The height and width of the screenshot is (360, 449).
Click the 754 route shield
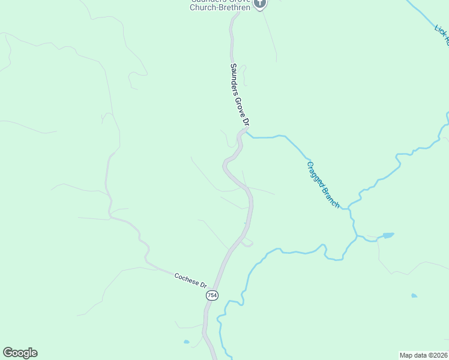click(x=212, y=296)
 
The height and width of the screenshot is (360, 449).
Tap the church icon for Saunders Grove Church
click(x=260, y=4)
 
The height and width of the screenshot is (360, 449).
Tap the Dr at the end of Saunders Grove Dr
click(x=245, y=122)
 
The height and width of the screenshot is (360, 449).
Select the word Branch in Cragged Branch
click(x=331, y=197)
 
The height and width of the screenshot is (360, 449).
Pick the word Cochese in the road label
click(x=186, y=278)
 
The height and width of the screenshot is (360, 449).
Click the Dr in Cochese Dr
click(x=203, y=285)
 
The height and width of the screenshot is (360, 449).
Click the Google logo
click(x=20, y=353)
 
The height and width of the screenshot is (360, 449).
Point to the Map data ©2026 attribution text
click(x=424, y=355)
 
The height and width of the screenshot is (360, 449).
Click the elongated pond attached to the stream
click(x=388, y=235)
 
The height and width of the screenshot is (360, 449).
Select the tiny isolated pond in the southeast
click(x=414, y=296)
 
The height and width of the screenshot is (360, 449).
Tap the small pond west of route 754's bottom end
click(x=187, y=342)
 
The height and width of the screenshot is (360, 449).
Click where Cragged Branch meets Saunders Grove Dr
click(x=246, y=133)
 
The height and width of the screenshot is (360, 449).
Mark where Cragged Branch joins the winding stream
click(x=349, y=208)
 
